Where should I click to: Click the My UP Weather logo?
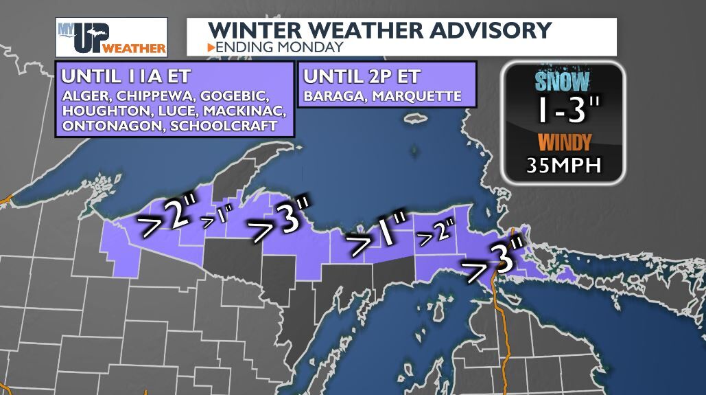coord(111,37)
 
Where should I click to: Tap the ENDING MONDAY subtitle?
coord(279,47)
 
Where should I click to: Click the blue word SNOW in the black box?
coord(562,82)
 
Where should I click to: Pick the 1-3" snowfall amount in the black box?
coord(561,110)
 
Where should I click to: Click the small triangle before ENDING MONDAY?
coord(211,47)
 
